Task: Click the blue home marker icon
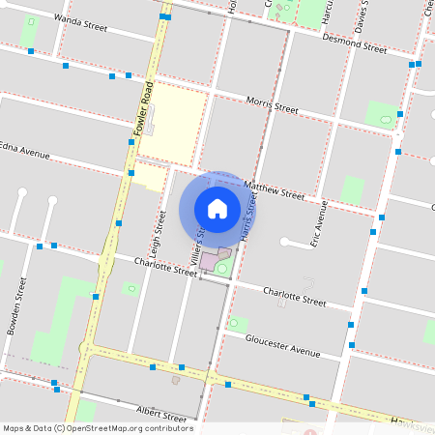(217, 208)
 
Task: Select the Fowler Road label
(143, 107)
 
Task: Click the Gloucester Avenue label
(282, 346)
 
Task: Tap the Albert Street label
(160, 415)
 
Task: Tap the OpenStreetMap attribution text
(98, 428)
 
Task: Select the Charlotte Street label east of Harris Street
(295, 296)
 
